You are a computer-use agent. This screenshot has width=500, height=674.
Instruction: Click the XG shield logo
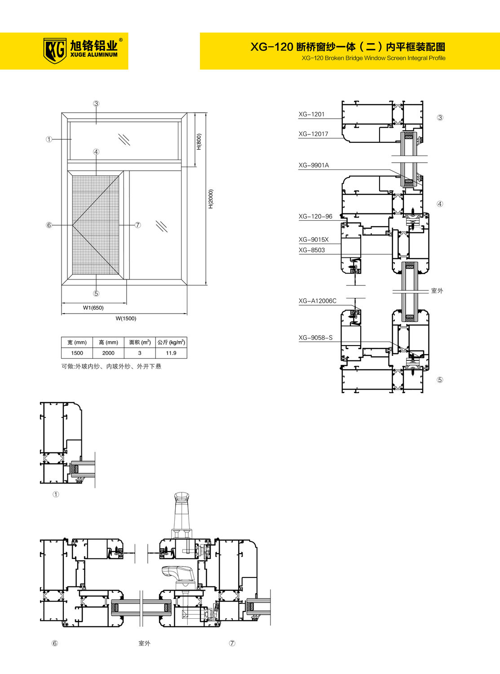pyautogui.click(x=55, y=50)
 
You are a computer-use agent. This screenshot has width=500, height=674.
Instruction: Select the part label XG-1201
pyautogui.click(x=312, y=114)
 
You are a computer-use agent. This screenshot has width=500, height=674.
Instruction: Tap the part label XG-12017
pyautogui.click(x=314, y=134)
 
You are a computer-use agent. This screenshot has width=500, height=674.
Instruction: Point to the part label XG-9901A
pyautogui.click(x=314, y=165)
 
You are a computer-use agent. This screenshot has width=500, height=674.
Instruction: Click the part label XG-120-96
pyautogui.click(x=315, y=217)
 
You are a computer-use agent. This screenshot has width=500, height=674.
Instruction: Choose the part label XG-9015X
pyautogui.click(x=314, y=239)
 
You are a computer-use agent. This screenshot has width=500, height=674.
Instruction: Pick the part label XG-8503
pyautogui.click(x=312, y=250)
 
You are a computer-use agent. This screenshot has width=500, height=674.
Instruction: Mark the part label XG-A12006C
pyautogui.click(x=318, y=301)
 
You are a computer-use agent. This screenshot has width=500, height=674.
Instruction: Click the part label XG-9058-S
pyautogui.click(x=315, y=337)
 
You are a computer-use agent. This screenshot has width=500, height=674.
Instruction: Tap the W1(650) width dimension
pyautogui.click(x=93, y=308)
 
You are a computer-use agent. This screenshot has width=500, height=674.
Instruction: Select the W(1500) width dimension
pyautogui.click(x=126, y=319)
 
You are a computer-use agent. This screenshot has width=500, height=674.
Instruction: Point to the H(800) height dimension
pyautogui.click(x=199, y=142)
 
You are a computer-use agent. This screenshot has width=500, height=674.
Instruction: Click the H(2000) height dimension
pyautogui.click(x=211, y=199)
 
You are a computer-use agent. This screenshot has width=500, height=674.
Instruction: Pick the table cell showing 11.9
pyautogui.click(x=171, y=353)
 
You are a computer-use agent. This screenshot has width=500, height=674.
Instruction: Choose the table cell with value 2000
pyautogui.click(x=108, y=353)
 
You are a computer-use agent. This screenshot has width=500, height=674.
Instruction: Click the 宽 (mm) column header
pyautogui.click(x=77, y=342)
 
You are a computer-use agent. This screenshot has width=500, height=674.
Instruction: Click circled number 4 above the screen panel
pyautogui.click(x=96, y=151)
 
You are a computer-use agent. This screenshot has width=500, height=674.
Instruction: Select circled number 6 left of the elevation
pyautogui.click(x=49, y=225)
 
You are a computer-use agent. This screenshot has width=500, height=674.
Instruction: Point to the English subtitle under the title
pyautogui.click(x=374, y=58)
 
